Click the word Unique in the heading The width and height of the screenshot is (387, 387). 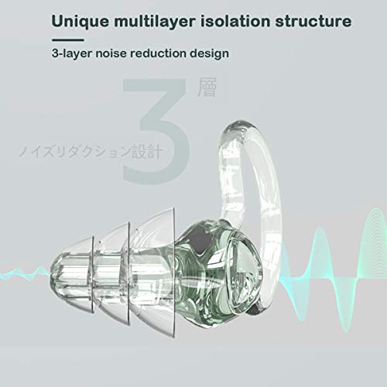coord(80,21)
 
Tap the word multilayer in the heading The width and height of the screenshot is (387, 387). coord(154,21)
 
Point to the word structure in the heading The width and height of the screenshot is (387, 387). coord(313,21)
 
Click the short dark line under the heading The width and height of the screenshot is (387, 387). coord(68,40)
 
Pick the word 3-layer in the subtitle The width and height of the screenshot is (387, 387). coord(72,53)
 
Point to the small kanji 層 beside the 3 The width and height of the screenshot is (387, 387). coord(207,87)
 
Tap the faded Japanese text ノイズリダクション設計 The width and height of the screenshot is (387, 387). coord(91,152)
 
